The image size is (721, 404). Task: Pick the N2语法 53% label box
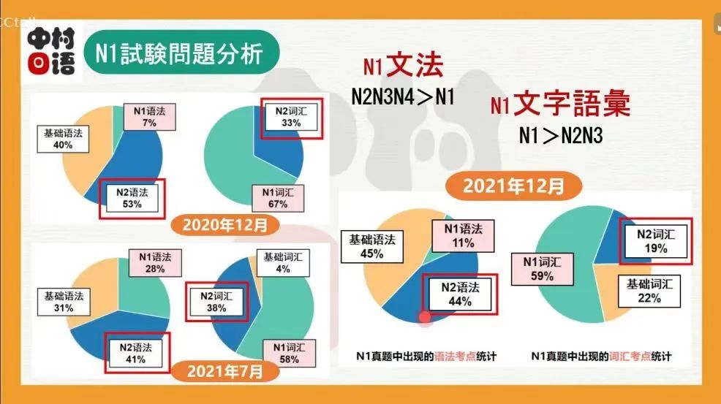pyautogui.click(x=132, y=197)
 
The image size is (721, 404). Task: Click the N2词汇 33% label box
pyautogui.click(x=291, y=118)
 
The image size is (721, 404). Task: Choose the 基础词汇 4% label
pyautogui.click(x=283, y=262)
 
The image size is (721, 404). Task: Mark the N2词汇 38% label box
pyautogui.click(x=216, y=302)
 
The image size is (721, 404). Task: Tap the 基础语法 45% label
pyautogui.click(x=371, y=246)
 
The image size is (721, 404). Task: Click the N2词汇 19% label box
pyautogui.click(x=655, y=242)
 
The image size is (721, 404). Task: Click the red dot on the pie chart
pyautogui.click(x=425, y=317)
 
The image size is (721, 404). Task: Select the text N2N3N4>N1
pyautogui.click(x=403, y=97)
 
